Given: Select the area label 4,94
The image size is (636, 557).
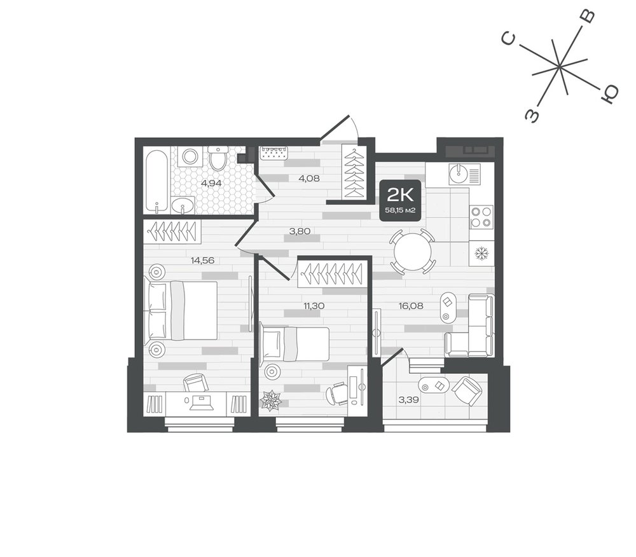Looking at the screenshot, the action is click(211, 183).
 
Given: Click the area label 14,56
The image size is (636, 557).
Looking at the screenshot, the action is click(202, 260).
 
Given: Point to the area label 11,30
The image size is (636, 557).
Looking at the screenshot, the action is click(314, 306).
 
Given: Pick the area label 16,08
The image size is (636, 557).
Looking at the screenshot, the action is click(411, 306).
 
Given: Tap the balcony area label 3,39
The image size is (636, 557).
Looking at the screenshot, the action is click(409, 400).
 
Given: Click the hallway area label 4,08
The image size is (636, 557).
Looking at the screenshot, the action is click(309, 177).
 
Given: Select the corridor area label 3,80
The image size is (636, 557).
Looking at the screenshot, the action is click(300, 231).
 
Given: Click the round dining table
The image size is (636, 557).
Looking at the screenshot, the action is click(412, 251).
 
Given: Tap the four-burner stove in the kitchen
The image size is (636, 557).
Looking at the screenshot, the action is click(481, 217).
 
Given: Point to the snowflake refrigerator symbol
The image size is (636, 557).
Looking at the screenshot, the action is click(481, 254).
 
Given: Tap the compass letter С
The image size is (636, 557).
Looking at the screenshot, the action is click(509, 39).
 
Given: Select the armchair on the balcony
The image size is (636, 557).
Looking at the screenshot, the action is click(467, 390).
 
